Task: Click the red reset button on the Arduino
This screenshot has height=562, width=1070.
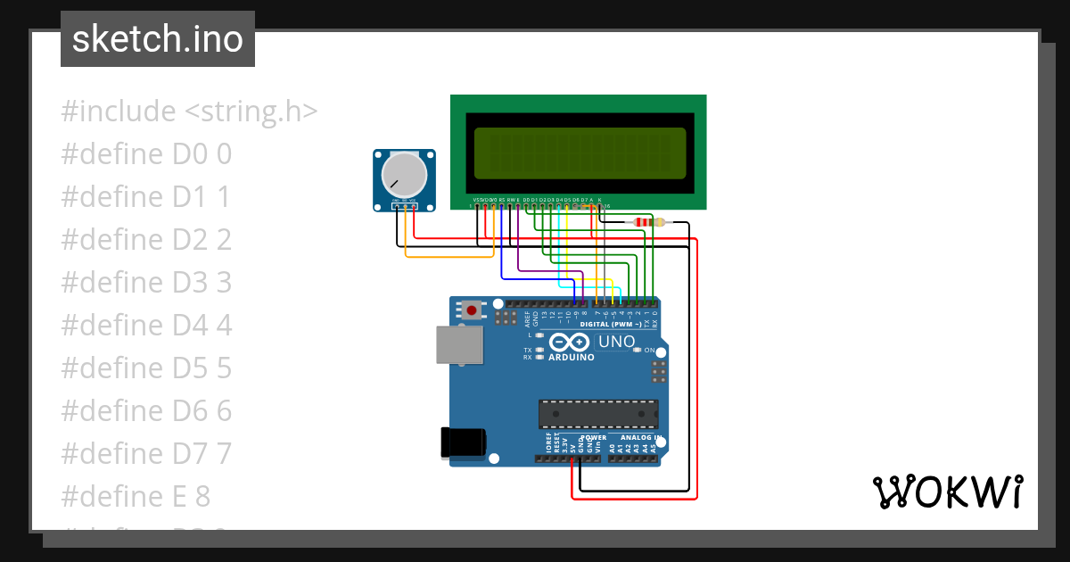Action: coord(471,310)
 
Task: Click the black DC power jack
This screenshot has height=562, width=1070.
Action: coord(464,443)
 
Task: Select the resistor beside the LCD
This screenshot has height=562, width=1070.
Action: coord(647,222)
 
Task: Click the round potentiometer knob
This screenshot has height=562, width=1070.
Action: coord(404,175)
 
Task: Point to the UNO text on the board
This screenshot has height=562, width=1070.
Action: coord(617,342)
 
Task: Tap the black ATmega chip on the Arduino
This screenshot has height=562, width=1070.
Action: coord(598,414)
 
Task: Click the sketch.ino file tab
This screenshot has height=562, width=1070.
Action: coord(158,39)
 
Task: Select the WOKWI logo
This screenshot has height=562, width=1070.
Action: coord(947,492)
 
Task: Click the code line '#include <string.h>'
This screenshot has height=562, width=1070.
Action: coord(189,112)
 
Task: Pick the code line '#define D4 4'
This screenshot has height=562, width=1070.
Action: coord(146,326)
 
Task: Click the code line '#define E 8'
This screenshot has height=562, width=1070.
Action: coord(136,496)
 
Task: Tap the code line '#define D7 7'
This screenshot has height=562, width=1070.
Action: coord(146,453)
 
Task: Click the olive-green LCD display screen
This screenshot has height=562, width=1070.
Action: coord(580,152)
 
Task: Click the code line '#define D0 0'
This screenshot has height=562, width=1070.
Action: coord(146,154)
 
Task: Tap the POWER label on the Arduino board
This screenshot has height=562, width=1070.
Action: coord(594,438)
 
